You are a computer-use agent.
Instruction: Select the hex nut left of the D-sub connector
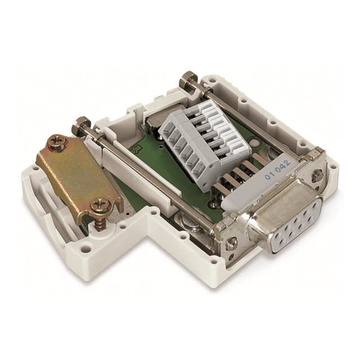point(231,243)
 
